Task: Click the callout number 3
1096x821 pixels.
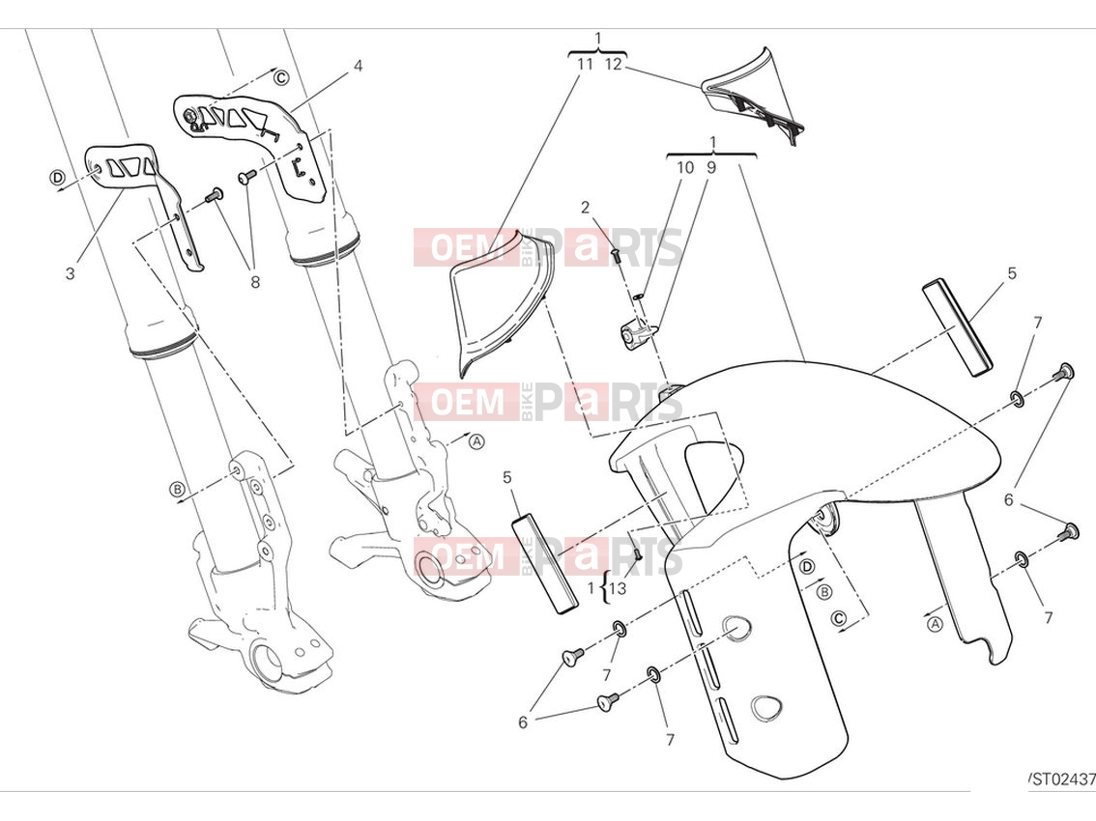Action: click(x=70, y=273)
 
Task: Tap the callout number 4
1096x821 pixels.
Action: click(x=358, y=67)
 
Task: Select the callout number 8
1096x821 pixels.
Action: click(x=255, y=282)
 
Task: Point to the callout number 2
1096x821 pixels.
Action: click(x=585, y=208)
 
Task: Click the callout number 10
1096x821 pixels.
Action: click(x=685, y=168)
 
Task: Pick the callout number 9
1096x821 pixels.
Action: click(x=711, y=168)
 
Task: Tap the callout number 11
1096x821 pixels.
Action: click(x=585, y=65)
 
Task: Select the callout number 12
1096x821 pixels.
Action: click(x=613, y=65)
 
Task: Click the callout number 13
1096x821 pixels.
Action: click(x=618, y=588)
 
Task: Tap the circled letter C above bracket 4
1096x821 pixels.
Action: click(x=280, y=77)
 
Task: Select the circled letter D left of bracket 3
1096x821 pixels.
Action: click(x=57, y=178)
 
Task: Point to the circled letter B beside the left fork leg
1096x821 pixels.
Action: click(x=177, y=489)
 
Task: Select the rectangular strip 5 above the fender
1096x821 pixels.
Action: click(x=958, y=327)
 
